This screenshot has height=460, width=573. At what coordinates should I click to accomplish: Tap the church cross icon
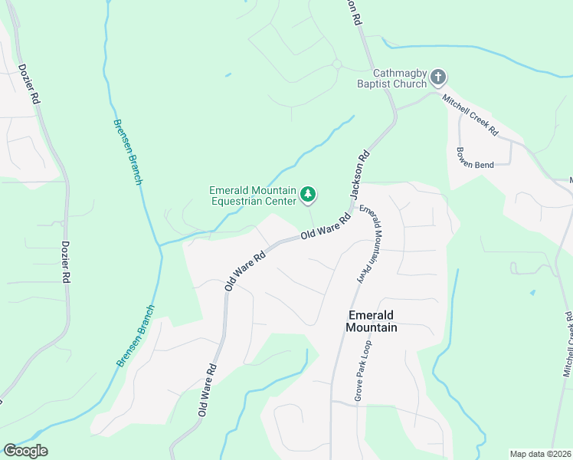coord(438,77)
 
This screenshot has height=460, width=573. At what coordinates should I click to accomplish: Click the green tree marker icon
coord(308,195)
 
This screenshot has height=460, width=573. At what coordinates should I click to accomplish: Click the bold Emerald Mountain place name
coord(372,321)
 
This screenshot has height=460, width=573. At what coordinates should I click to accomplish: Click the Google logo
coord(25,451)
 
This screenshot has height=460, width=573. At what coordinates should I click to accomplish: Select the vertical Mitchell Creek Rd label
coord(567,344)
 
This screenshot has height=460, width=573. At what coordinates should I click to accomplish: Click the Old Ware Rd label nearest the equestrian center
coord(325,227)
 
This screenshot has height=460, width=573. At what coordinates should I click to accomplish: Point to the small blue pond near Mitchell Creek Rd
coord(532,293)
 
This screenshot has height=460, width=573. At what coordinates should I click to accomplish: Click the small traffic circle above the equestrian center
coord(336,64)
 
